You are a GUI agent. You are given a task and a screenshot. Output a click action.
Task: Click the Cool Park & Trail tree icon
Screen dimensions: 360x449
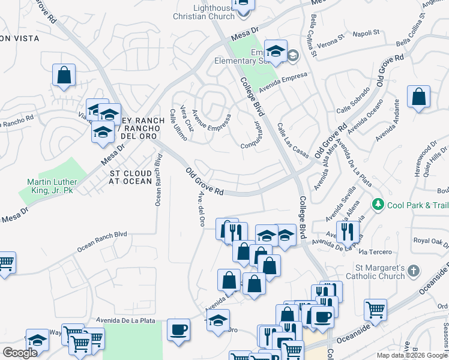378,205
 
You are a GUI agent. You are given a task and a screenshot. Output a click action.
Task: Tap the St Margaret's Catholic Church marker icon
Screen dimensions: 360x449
412,271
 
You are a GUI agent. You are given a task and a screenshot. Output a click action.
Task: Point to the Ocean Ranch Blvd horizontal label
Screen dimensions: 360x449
102,242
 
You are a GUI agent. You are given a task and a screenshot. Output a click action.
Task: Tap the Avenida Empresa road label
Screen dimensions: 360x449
283,83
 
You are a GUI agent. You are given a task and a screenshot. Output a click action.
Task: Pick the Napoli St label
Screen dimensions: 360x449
367,33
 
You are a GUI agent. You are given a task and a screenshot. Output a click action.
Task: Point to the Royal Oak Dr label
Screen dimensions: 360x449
431,241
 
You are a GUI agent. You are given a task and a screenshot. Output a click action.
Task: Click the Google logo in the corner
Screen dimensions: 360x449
20,353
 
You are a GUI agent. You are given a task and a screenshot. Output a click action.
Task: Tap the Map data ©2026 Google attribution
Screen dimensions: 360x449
412,355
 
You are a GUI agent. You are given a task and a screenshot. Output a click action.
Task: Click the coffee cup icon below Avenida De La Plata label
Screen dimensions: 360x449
178,330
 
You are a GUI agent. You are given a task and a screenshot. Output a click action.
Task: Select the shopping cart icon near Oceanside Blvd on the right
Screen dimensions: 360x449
375,310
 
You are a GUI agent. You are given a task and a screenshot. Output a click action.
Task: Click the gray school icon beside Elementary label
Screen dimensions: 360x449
293,56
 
